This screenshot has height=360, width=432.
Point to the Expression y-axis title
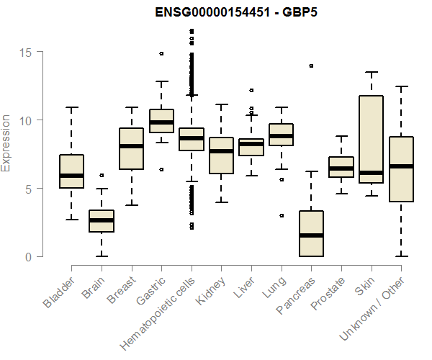click(6, 143)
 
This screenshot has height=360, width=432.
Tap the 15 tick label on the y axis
click(27, 52)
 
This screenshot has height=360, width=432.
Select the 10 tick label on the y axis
click(27, 120)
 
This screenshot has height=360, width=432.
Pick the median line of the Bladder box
click(71, 176)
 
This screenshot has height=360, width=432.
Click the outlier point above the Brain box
click(102, 175)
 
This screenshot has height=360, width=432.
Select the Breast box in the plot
click(131, 148)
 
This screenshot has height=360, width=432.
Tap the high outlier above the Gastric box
click(161, 53)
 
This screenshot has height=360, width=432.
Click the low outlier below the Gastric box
click(161, 169)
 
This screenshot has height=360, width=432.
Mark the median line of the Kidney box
click(221, 151)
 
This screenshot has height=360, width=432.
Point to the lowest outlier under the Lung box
click(281, 215)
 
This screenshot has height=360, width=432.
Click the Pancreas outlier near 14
click(311, 66)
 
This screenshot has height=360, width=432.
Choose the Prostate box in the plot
click(341, 167)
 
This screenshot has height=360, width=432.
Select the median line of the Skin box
click(371, 173)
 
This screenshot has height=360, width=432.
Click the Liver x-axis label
click(240, 290)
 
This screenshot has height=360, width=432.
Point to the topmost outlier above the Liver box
click(251, 91)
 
